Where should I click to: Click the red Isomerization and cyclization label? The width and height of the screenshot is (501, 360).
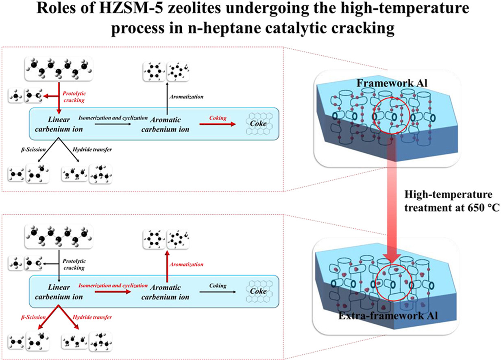[x=113, y=286]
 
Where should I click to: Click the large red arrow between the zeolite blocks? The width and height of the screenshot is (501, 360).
[x=395, y=203]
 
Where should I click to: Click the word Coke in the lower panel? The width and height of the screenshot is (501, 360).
[x=259, y=292]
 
